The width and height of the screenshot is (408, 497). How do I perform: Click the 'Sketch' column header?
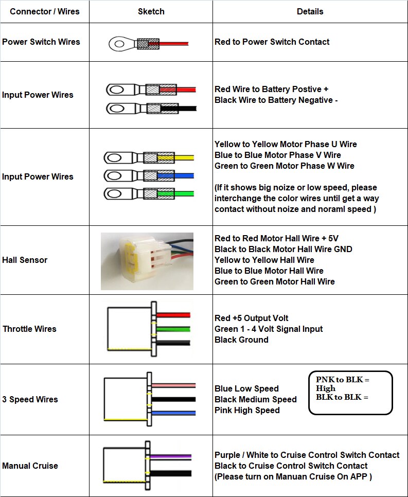coord(151,12)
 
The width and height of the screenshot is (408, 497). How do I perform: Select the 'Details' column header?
coord(310,12)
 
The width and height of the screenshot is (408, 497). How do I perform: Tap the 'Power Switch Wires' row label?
coord(41,42)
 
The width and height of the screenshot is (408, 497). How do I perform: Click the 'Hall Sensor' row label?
coord(25,260)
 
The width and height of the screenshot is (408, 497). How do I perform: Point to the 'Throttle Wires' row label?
coord(29,329)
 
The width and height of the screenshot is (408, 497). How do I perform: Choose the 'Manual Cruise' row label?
coord(30,466)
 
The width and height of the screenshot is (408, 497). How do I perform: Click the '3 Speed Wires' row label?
coord(30,399)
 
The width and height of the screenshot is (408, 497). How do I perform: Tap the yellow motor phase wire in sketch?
coord(175,157)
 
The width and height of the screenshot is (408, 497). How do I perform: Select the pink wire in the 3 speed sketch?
coord(173,385)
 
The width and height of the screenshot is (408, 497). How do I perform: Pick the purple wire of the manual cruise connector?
coord(170,456)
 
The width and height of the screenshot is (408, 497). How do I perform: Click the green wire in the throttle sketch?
coord(173,329)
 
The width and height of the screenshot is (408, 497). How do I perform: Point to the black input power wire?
coord(179,109)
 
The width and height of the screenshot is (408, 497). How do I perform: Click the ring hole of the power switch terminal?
coord(119,44)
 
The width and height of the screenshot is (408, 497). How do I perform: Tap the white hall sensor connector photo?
coord(147,261)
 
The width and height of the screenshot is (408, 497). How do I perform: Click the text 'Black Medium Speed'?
coord(256,399)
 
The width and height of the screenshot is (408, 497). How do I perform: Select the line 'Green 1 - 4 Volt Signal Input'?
coord(269,329)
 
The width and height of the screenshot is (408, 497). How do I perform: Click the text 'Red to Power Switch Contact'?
coord(272,42)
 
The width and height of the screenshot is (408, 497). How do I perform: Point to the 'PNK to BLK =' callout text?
coord(342,380)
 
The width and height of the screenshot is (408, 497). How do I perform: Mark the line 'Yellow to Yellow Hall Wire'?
coord(264,260)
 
